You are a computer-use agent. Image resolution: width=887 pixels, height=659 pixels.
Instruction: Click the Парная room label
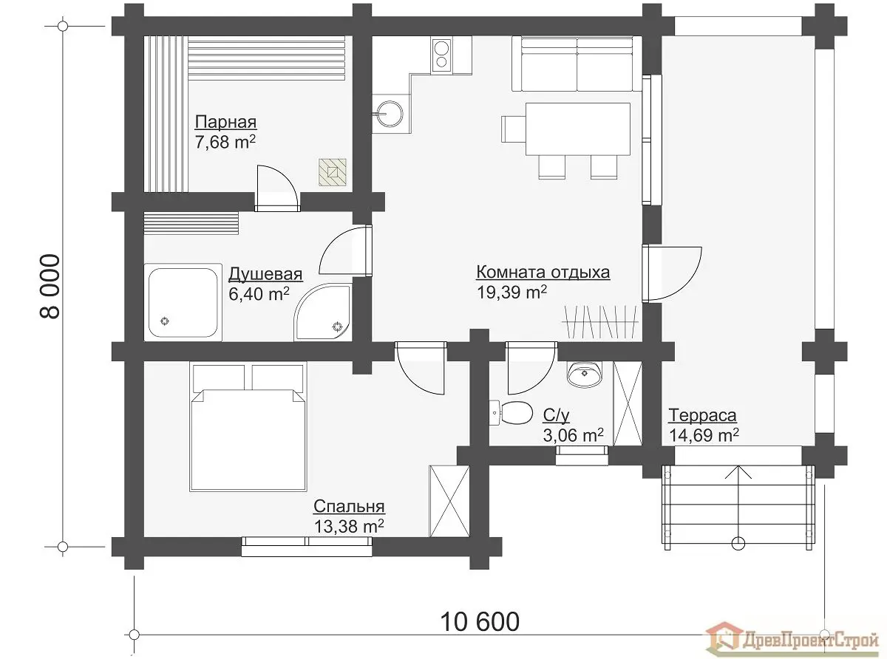225,122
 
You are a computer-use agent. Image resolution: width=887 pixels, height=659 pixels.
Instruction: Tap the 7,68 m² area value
225,142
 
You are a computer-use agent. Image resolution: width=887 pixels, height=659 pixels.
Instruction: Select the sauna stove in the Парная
333,172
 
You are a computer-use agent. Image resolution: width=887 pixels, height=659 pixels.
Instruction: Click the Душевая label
265,274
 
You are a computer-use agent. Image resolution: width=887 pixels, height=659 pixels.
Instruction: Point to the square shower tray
183,302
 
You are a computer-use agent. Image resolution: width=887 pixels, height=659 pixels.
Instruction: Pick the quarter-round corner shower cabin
323,313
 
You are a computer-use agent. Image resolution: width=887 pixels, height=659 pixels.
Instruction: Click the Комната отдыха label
543,273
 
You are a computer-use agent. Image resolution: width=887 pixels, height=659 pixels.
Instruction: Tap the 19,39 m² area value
512,292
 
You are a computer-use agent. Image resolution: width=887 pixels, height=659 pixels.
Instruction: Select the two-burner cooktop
441,55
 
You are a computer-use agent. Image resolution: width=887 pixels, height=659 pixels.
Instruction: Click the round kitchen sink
388,114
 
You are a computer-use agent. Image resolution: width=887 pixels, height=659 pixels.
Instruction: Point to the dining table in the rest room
578,129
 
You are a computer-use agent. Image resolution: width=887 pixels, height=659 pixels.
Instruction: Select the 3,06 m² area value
573,435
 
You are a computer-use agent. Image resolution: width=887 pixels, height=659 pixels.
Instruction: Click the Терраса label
702,415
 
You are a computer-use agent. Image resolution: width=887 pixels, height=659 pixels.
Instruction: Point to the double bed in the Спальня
248,427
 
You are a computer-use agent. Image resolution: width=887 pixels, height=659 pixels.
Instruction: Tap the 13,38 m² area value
349,526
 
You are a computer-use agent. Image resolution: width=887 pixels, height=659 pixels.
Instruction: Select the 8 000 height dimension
50,287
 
